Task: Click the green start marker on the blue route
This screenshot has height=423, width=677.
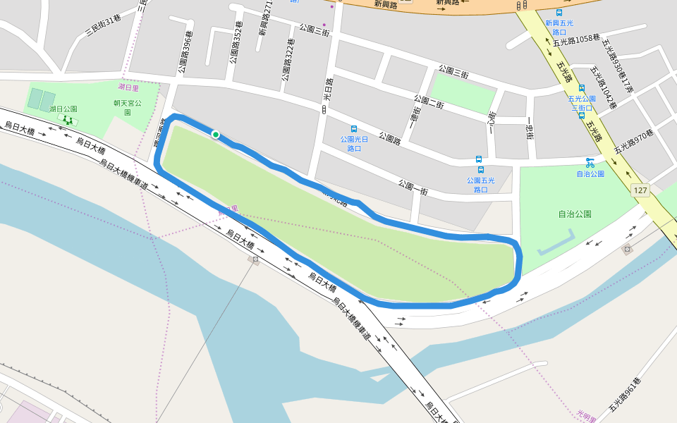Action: pyautogui.click(x=215, y=135)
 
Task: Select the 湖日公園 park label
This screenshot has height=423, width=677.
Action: pyautogui.click(x=63, y=109)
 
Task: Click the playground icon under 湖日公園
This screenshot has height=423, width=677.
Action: pyautogui.click(x=68, y=120)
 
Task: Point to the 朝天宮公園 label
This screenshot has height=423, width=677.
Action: pyautogui.click(x=128, y=107)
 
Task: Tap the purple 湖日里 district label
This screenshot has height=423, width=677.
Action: pyautogui.click(x=128, y=87)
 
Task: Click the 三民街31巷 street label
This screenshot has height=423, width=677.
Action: pyautogui.click(x=104, y=27)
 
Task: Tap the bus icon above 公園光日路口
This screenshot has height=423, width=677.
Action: pyautogui.click(x=354, y=129)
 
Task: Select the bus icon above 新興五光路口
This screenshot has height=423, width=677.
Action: pyautogui.click(x=559, y=13)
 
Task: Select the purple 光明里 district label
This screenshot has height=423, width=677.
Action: pyautogui.click(x=587, y=414)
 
